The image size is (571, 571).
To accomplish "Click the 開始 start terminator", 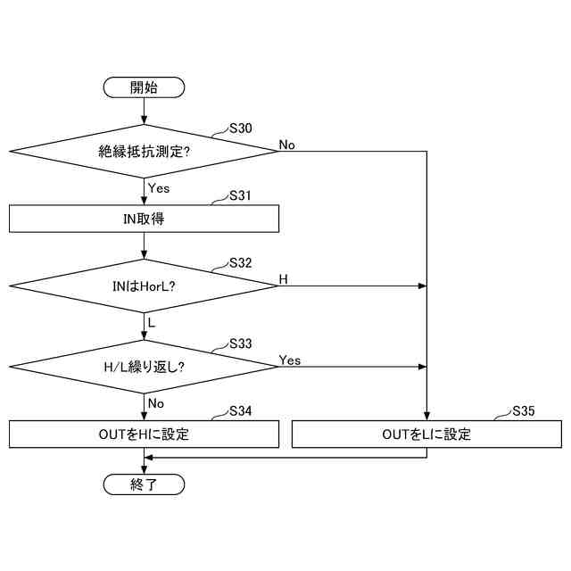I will [144, 87].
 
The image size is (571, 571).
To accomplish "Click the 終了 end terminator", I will [144, 484].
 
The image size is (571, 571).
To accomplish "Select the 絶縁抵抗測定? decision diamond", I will [144, 151].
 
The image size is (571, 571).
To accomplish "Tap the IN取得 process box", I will [144, 218].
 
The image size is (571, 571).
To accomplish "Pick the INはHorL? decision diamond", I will [144, 285].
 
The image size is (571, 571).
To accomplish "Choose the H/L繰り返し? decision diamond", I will [144, 367].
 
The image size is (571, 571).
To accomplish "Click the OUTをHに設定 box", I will [144, 434].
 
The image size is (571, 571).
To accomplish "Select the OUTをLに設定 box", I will [426, 434].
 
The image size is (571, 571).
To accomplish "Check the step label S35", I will [524, 411].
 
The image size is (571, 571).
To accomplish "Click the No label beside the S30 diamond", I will [287, 145].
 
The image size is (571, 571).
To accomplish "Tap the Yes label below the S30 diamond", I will [159, 188].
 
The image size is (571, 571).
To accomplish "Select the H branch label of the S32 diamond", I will [284, 279].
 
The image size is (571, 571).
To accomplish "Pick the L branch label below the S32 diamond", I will [152, 322].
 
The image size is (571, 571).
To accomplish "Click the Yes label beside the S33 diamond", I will [290, 360].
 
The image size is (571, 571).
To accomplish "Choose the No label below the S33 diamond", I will [156, 403].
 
